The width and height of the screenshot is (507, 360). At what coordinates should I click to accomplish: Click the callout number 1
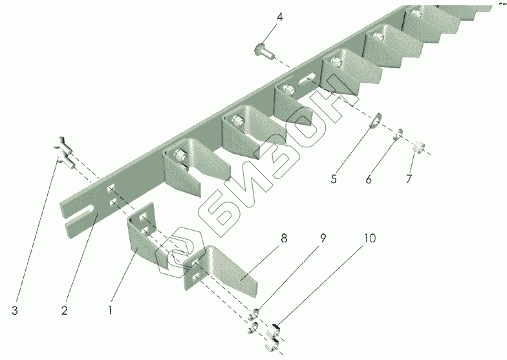[x=111, y=310]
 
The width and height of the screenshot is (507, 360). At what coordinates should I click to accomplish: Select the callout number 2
[x=65, y=310]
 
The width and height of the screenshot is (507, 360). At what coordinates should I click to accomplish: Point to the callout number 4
[x=279, y=16]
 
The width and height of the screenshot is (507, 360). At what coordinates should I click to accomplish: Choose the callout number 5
[x=334, y=179]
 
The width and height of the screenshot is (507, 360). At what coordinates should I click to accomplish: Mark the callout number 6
[x=369, y=179]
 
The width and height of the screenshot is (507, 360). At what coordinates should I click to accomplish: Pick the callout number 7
[x=408, y=179]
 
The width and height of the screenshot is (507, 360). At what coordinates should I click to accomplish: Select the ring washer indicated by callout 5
[x=375, y=122]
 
